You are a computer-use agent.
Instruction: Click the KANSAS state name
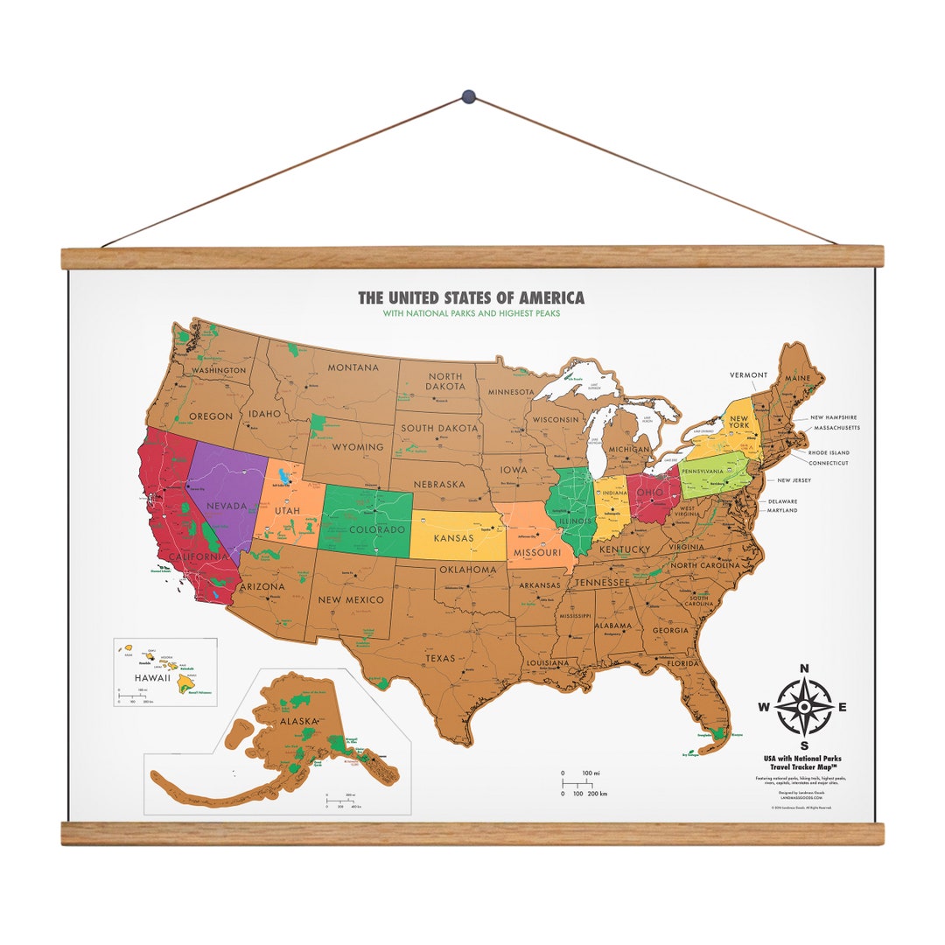click(454, 537)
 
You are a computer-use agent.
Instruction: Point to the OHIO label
click(650, 492)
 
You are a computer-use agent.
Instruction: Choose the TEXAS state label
click(440, 658)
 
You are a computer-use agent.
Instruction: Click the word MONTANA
click(353, 367)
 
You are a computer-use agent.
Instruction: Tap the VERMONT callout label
click(749, 375)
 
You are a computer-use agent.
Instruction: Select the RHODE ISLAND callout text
click(829, 452)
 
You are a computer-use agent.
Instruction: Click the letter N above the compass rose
click(804, 669)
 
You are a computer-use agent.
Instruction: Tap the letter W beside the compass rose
click(763, 708)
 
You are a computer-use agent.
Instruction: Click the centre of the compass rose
click(804, 708)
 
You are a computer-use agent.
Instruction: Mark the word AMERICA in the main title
click(547, 298)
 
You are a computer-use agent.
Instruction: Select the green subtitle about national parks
click(471, 313)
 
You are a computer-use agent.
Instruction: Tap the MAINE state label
click(797, 378)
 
